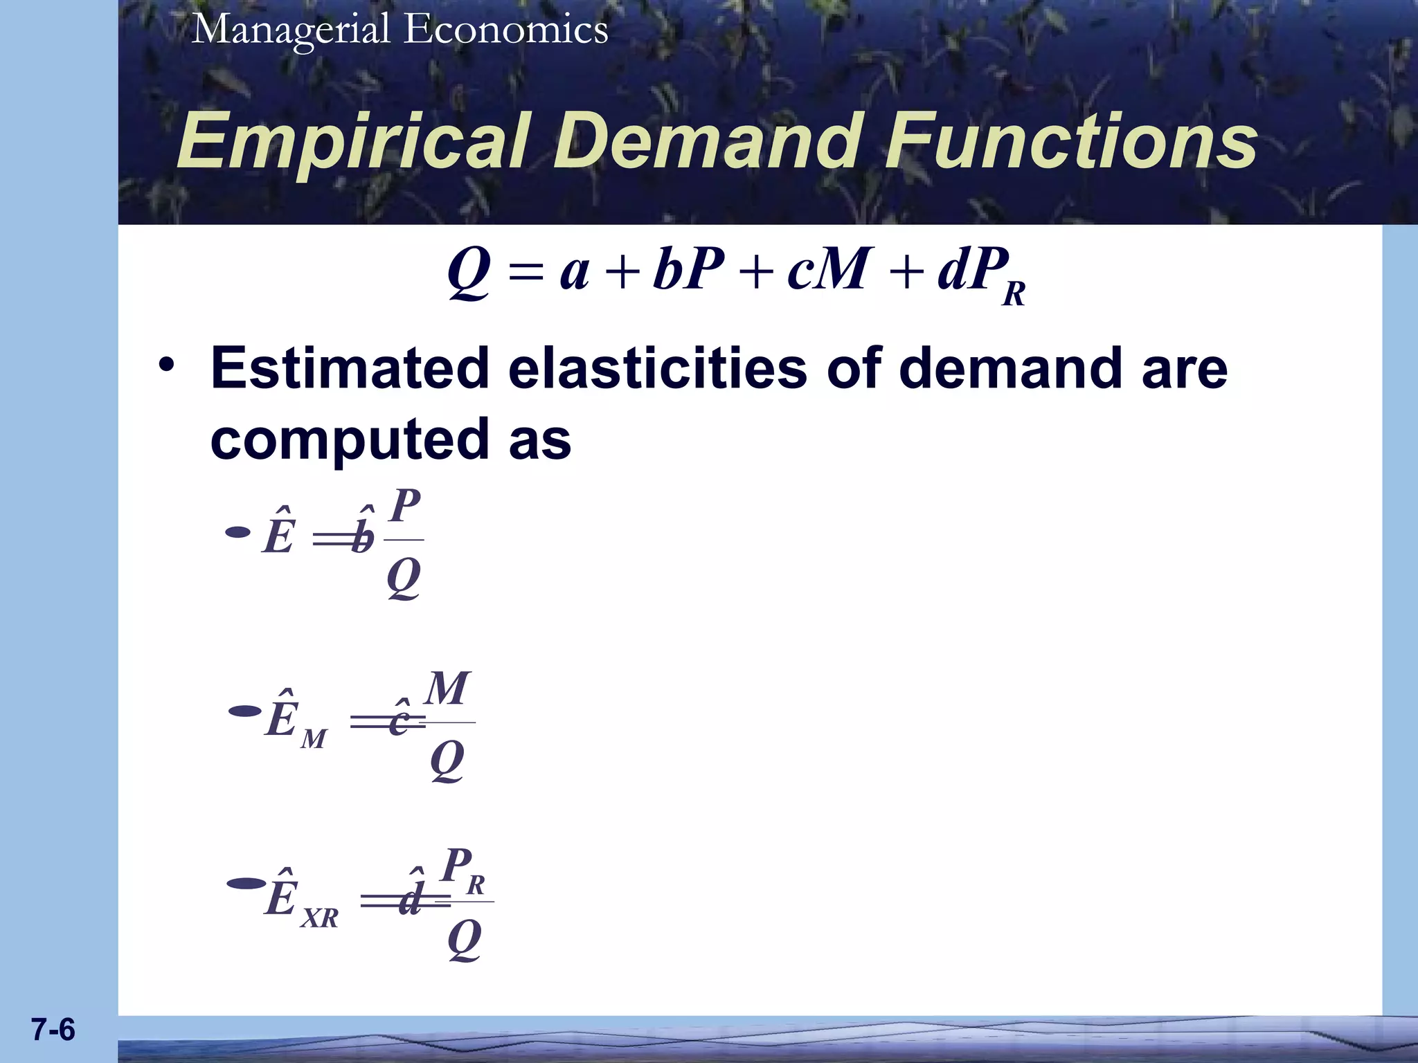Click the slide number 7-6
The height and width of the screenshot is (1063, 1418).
53,1030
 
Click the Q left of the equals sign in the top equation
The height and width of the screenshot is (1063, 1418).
469,272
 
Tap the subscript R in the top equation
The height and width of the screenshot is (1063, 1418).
1014,294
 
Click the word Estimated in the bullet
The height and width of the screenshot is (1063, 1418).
350,369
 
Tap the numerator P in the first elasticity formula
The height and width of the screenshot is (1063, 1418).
405,506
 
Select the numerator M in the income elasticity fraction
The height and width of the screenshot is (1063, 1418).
447,689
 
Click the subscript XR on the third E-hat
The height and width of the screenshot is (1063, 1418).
319,918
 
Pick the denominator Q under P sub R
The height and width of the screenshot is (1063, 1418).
464,941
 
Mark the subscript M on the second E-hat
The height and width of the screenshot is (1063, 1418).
313,740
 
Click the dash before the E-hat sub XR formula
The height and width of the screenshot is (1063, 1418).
245,884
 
